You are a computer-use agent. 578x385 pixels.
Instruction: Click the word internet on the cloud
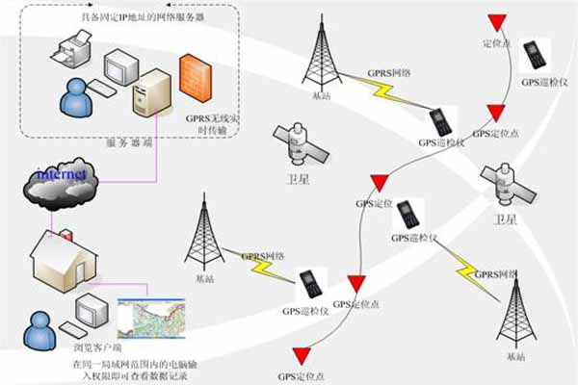coord(63,174)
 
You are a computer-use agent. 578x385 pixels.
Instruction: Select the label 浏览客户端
coord(57,352)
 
